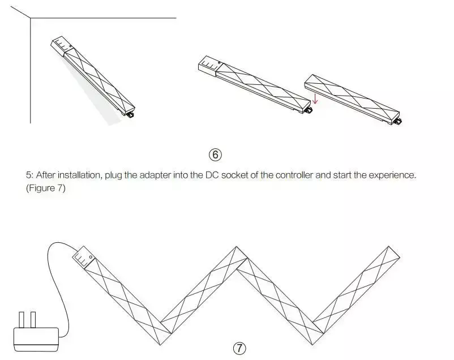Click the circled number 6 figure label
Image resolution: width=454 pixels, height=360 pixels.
215,155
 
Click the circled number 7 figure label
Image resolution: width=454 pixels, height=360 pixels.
239,348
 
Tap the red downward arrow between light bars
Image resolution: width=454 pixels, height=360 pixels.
315,98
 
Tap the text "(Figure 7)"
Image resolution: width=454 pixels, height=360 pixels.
46,188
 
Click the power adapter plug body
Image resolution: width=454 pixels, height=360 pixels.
36,340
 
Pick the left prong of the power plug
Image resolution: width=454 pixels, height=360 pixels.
22,320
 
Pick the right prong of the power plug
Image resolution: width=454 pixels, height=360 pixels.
33,320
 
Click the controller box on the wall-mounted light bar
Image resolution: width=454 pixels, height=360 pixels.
62,46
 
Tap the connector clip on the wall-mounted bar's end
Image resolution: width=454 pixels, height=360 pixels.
130,115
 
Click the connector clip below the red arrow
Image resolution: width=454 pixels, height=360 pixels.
308,110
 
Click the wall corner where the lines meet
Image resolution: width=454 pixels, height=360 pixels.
31,18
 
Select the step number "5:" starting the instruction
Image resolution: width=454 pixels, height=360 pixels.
30,175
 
